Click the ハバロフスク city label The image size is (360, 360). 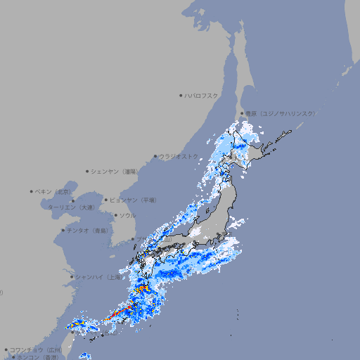coord(202,95)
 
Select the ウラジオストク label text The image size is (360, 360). coord(179,156)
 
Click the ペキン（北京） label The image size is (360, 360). coord(54,191)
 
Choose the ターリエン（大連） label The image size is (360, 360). coord(71,207)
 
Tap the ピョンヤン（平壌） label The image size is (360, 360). coord(134,200)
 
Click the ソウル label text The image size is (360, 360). coord(127,215)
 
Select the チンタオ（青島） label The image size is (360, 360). coord(89,230)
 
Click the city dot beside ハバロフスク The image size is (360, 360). coord(181,95)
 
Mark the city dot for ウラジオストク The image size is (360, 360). coord(155,156)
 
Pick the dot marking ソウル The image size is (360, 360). coord(115,215)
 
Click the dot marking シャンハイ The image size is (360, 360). coord(72,276)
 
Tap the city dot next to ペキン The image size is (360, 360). coord(32,191)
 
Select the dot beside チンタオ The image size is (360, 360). coord(63,230)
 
